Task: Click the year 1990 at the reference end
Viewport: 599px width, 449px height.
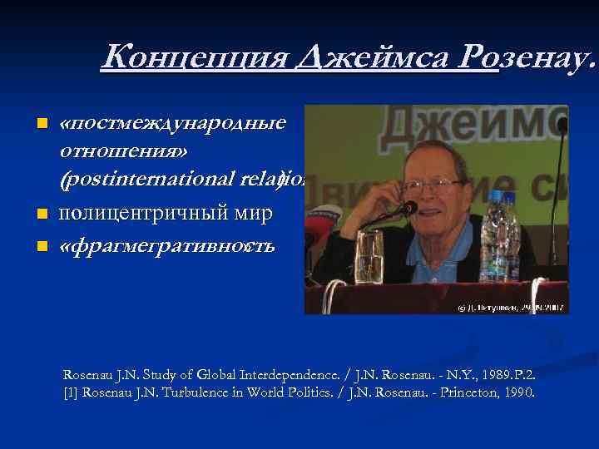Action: coord(517,392)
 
